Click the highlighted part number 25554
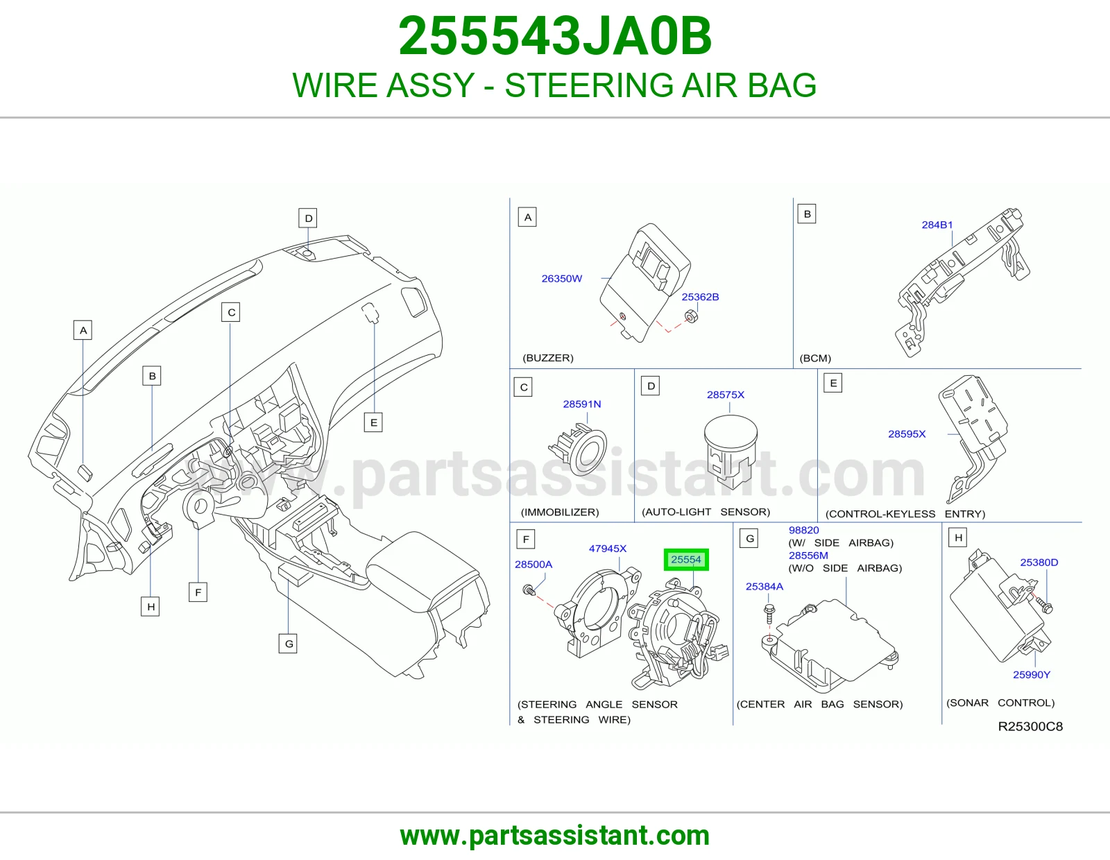pos(686,560)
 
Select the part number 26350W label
pos(562,278)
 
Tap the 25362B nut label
pos(700,297)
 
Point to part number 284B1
pos(937,225)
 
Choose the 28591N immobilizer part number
pos(582,404)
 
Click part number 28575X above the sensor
pos(726,395)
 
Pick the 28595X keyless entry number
pos(907,434)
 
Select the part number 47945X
pos(607,549)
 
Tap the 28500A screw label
pos(533,565)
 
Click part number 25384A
pos(765,586)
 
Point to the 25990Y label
pos(1032,675)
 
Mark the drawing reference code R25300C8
pos(1030,727)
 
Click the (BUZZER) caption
pos(548,358)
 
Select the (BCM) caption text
pos(815,359)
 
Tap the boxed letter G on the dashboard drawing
pos(288,644)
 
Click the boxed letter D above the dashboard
pos(308,218)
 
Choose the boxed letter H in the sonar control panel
pos(958,537)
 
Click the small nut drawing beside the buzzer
pos(690,316)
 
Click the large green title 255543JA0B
pos(555,36)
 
